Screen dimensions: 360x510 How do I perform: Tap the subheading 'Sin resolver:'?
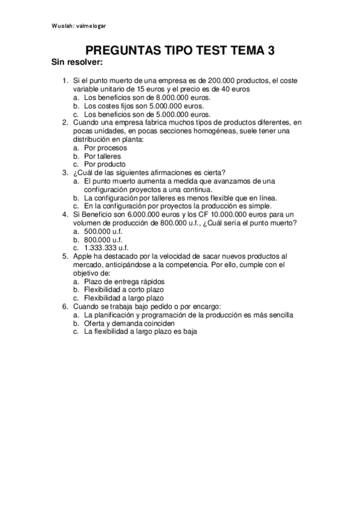77,63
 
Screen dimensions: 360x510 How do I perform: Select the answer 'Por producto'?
105,164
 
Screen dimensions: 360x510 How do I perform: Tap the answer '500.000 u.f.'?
102,230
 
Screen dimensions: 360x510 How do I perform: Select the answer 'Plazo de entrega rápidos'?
124,281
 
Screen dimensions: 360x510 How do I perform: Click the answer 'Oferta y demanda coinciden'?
130,322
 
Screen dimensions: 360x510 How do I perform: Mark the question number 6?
65,306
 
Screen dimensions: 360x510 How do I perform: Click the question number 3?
65,172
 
